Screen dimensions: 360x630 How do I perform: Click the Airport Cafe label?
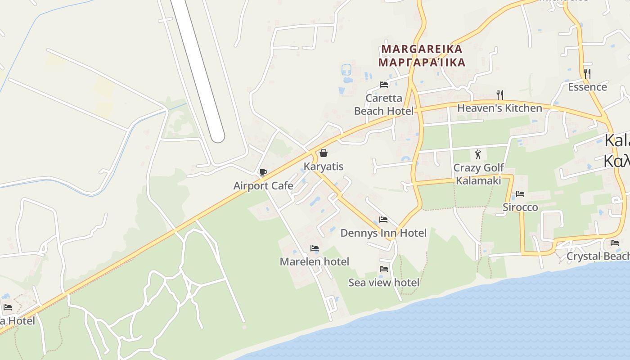[x=263, y=185]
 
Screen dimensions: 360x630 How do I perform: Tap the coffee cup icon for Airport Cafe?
[x=263, y=172]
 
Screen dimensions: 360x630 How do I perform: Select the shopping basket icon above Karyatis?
[x=323, y=153]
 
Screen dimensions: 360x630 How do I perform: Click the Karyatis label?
[x=323, y=166]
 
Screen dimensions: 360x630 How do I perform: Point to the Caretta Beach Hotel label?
[x=383, y=104]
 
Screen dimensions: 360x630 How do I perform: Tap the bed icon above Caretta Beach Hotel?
[x=383, y=84]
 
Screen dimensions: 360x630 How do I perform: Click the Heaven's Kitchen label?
[x=499, y=108]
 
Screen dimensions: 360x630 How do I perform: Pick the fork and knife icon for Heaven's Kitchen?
[x=499, y=94]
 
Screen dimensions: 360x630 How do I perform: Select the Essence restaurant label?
[x=587, y=87]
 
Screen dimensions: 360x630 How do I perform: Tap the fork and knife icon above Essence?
[x=587, y=73]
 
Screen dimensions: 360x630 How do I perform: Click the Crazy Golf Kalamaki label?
[x=478, y=174]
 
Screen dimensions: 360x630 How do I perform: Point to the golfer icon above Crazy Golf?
[x=478, y=154]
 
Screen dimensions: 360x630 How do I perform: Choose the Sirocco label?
[x=520, y=207]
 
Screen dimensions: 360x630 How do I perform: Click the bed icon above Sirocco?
[x=520, y=194]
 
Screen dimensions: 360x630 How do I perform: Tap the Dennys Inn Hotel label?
[x=383, y=233]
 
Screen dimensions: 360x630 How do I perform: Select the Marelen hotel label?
[x=314, y=261]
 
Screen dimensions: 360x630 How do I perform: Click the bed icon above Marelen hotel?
[x=314, y=248]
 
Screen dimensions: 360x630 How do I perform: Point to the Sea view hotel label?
[x=383, y=282]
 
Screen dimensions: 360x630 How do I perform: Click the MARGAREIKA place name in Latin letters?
[x=422, y=49]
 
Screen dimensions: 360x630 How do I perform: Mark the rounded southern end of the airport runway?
[x=217, y=136]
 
